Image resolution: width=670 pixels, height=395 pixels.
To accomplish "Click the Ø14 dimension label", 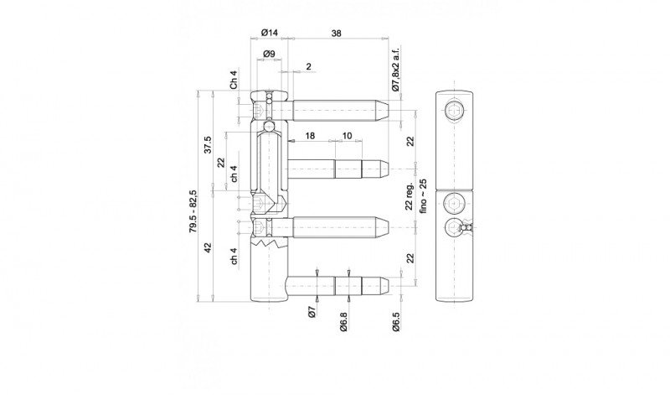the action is pos(269,33).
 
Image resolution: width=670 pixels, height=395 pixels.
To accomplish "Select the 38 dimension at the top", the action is pos(337,33).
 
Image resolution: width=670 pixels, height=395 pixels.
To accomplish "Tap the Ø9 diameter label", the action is pos(269,54).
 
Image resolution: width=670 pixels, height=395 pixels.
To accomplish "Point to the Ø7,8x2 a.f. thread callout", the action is pos(395,69).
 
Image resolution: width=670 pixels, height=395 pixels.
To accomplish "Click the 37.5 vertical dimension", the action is pos(208,144).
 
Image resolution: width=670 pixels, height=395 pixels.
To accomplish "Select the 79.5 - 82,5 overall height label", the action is pos(193,211).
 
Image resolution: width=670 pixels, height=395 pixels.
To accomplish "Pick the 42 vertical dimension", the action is pos(208,247).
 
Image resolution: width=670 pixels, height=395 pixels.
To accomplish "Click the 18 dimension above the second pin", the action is pos(310,136).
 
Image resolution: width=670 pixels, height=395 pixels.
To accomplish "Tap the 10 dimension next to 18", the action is pos(347,136).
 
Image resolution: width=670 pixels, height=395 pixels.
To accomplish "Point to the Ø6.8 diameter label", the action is pos(343,321).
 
